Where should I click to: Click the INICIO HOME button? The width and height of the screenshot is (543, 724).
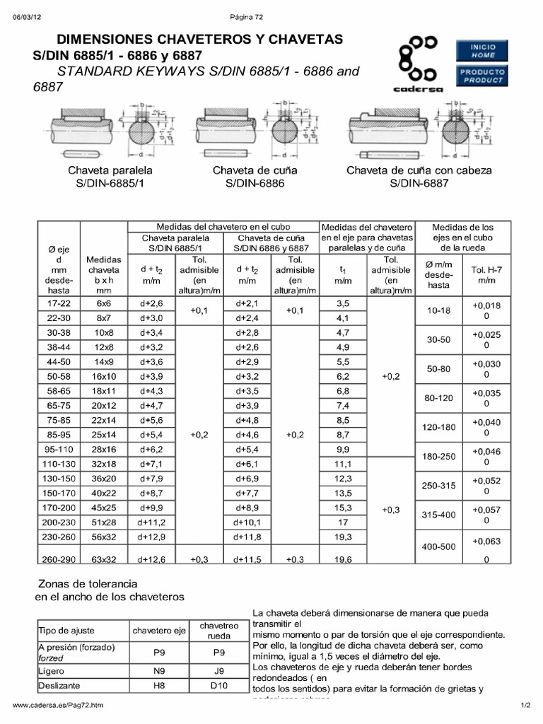coord(484,51)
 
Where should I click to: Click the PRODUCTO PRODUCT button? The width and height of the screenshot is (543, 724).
coord(484,76)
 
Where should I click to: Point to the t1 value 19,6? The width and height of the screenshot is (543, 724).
coord(343,559)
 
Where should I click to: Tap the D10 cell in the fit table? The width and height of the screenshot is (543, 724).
coord(218,685)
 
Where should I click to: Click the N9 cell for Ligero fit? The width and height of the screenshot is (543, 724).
coord(159,668)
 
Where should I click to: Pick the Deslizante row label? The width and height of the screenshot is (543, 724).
coord(59,685)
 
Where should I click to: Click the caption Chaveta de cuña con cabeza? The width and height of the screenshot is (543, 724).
coord(419,170)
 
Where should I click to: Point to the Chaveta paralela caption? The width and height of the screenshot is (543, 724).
coord(110,170)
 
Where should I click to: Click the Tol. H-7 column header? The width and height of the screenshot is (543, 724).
coord(486,275)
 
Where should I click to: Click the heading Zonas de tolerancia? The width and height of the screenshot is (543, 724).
coord(86,584)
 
